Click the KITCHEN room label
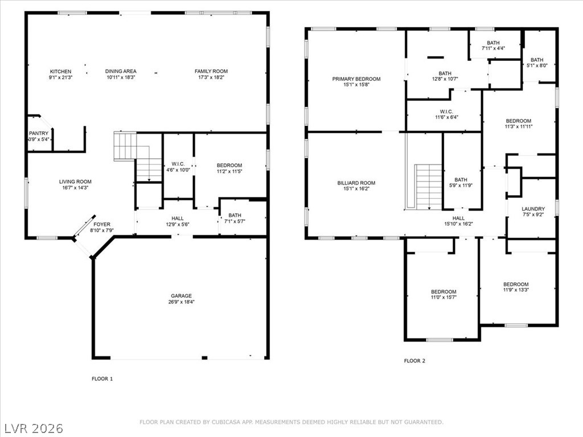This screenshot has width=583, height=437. tap(60, 72)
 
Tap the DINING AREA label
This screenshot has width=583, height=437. tap(121, 72)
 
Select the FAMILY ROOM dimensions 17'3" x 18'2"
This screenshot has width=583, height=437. tap(211, 77)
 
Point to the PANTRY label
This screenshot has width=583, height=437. tap(39, 134)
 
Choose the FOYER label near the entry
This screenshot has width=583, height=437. tap(102, 224)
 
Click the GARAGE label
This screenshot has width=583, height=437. tap(181, 296)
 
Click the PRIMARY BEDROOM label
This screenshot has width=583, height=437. tap(356, 79)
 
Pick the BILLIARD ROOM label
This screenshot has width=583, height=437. tap(356, 183)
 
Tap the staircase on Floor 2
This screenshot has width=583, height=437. tap(428, 186)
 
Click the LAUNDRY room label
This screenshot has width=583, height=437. tap(533, 209)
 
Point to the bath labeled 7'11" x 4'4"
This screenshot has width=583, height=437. tap(493, 46)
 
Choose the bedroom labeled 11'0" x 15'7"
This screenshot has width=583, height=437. tap(443, 295)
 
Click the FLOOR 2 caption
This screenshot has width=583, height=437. tap(414, 361)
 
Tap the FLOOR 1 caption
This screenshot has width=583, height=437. tap(102, 378)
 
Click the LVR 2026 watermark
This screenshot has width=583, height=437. tap(33, 427)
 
